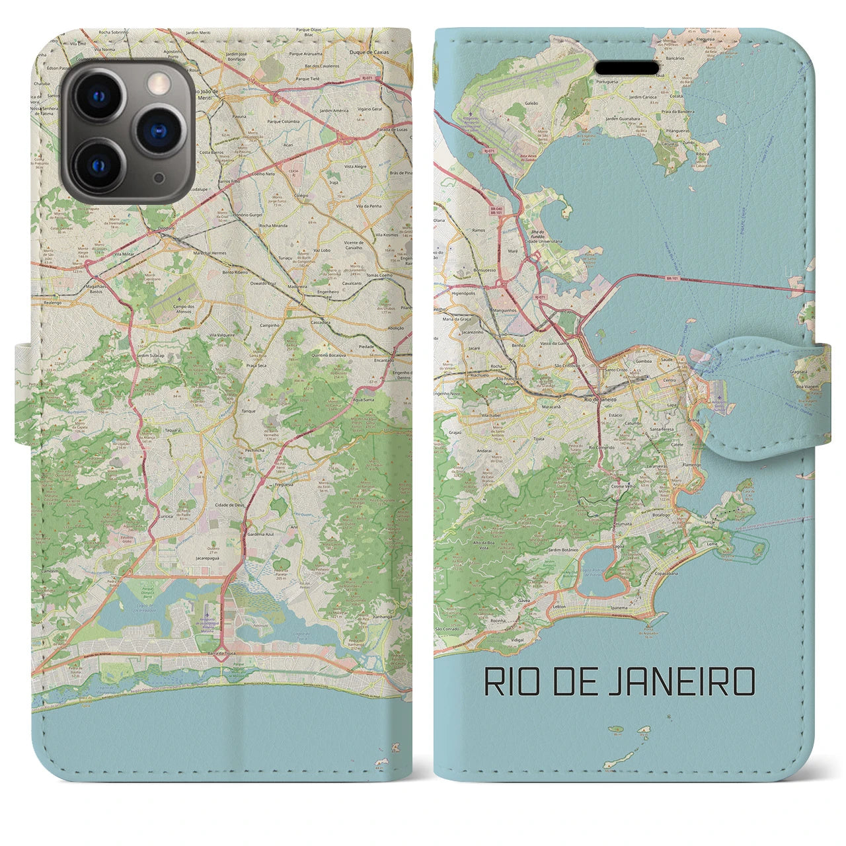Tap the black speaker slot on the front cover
(627, 68)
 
